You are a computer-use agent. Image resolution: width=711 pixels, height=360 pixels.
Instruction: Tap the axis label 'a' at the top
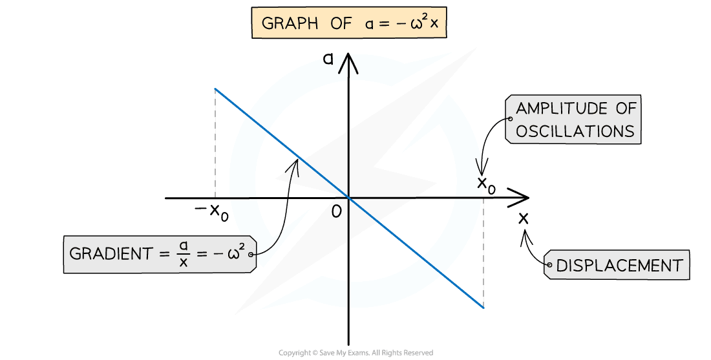tap(329, 59)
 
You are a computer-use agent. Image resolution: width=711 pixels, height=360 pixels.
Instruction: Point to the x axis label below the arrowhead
tap(523, 218)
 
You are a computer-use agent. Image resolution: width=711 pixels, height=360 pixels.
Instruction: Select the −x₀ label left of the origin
tap(211, 211)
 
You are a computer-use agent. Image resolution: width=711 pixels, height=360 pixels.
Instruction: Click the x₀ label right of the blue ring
tap(486, 184)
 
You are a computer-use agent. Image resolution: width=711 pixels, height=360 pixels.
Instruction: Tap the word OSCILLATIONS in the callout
tap(575, 131)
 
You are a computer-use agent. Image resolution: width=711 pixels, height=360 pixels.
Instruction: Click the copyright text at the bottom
tap(355, 353)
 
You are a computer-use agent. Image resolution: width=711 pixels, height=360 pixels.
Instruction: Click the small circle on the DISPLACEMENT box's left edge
tap(548, 265)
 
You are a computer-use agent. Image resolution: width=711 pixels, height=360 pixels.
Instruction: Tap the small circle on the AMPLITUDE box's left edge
tap(511, 120)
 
